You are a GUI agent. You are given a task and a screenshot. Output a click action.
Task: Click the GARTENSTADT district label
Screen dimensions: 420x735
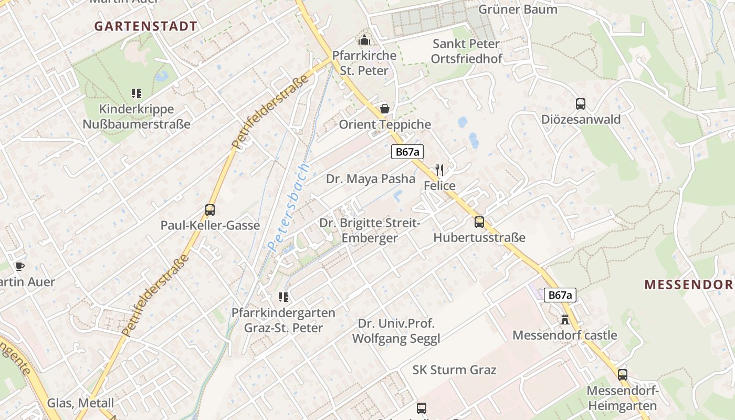[x=146, y=26]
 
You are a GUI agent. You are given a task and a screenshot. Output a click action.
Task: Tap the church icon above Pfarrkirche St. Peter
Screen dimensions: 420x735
[x=364, y=40]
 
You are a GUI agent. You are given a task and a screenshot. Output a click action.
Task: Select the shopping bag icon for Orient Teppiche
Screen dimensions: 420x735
[x=385, y=109]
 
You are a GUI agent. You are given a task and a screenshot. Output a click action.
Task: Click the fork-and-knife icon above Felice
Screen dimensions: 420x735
[x=439, y=170]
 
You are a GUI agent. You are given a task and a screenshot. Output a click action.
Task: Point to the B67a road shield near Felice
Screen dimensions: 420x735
[x=407, y=152]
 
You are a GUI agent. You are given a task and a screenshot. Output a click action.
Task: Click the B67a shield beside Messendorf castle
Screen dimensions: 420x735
[x=560, y=295]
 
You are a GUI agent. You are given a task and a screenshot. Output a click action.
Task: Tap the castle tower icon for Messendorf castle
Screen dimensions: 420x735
[x=565, y=319]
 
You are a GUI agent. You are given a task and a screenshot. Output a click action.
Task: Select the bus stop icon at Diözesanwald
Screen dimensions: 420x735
[x=581, y=104]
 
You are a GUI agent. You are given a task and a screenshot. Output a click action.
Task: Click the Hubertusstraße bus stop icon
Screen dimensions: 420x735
[x=479, y=222]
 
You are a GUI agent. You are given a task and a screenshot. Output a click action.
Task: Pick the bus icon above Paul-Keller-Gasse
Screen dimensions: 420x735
[x=210, y=210]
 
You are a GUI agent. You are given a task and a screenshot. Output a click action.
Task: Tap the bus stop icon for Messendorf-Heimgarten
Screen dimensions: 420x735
[x=623, y=375]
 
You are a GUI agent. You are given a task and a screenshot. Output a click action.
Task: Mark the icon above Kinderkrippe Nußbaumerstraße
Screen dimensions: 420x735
[x=136, y=93]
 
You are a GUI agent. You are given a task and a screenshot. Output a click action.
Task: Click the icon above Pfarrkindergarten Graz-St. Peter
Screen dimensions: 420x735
[x=283, y=297]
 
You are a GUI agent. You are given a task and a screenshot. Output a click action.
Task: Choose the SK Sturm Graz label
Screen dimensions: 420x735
[x=454, y=370]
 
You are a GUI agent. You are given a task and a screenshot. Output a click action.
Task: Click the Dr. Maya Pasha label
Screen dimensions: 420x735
[x=371, y=178]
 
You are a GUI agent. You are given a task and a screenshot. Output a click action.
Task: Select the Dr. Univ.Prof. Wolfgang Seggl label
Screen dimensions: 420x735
[x=396, y=331]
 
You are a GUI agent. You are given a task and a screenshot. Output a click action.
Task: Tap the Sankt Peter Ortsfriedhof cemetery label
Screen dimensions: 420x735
[x=466, y=51]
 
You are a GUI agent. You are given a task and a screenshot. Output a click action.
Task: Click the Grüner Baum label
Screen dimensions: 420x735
[x=518, y=9]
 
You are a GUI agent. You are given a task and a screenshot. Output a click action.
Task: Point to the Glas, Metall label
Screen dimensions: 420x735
[x=80, y=403]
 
